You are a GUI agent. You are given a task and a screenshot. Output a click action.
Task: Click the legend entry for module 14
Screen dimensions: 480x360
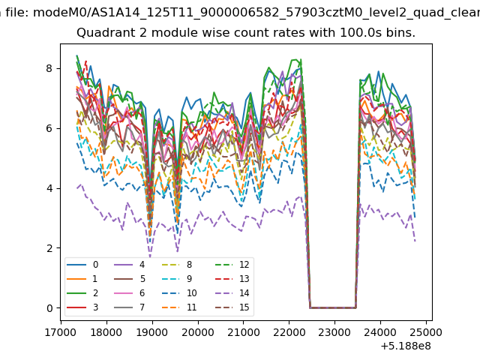(232, 293)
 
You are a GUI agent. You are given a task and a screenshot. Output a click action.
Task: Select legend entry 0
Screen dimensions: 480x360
(82, 265)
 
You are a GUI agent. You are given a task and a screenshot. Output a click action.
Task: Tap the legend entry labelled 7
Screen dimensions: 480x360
(129, 307)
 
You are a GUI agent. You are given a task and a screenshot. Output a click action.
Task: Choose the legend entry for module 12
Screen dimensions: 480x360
(232, 265)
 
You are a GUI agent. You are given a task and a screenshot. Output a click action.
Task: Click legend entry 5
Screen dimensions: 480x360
(129, 279)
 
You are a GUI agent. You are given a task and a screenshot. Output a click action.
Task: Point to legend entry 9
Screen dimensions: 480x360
(177, 279)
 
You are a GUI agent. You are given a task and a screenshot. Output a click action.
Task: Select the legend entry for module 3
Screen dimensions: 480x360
(82, 307)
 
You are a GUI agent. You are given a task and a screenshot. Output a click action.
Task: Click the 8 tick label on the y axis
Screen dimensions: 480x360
(49, 68)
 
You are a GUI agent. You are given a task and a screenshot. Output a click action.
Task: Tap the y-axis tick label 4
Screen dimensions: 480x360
(49, 188)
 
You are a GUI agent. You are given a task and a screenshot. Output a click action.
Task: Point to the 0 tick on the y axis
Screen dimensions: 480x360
(49, 308)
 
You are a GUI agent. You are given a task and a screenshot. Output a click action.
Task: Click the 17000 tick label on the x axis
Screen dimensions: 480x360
(61, 332)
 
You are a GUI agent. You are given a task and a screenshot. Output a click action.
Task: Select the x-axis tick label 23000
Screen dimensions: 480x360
(334, 332)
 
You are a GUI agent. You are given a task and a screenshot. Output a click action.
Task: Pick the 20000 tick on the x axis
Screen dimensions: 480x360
(198, 332)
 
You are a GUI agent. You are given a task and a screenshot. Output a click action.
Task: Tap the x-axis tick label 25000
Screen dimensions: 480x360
(426, 332)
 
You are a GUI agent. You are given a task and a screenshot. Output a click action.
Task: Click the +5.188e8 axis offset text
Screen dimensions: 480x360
(406, 346)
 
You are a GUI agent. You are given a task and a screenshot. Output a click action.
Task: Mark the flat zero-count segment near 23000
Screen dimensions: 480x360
(333, 307)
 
